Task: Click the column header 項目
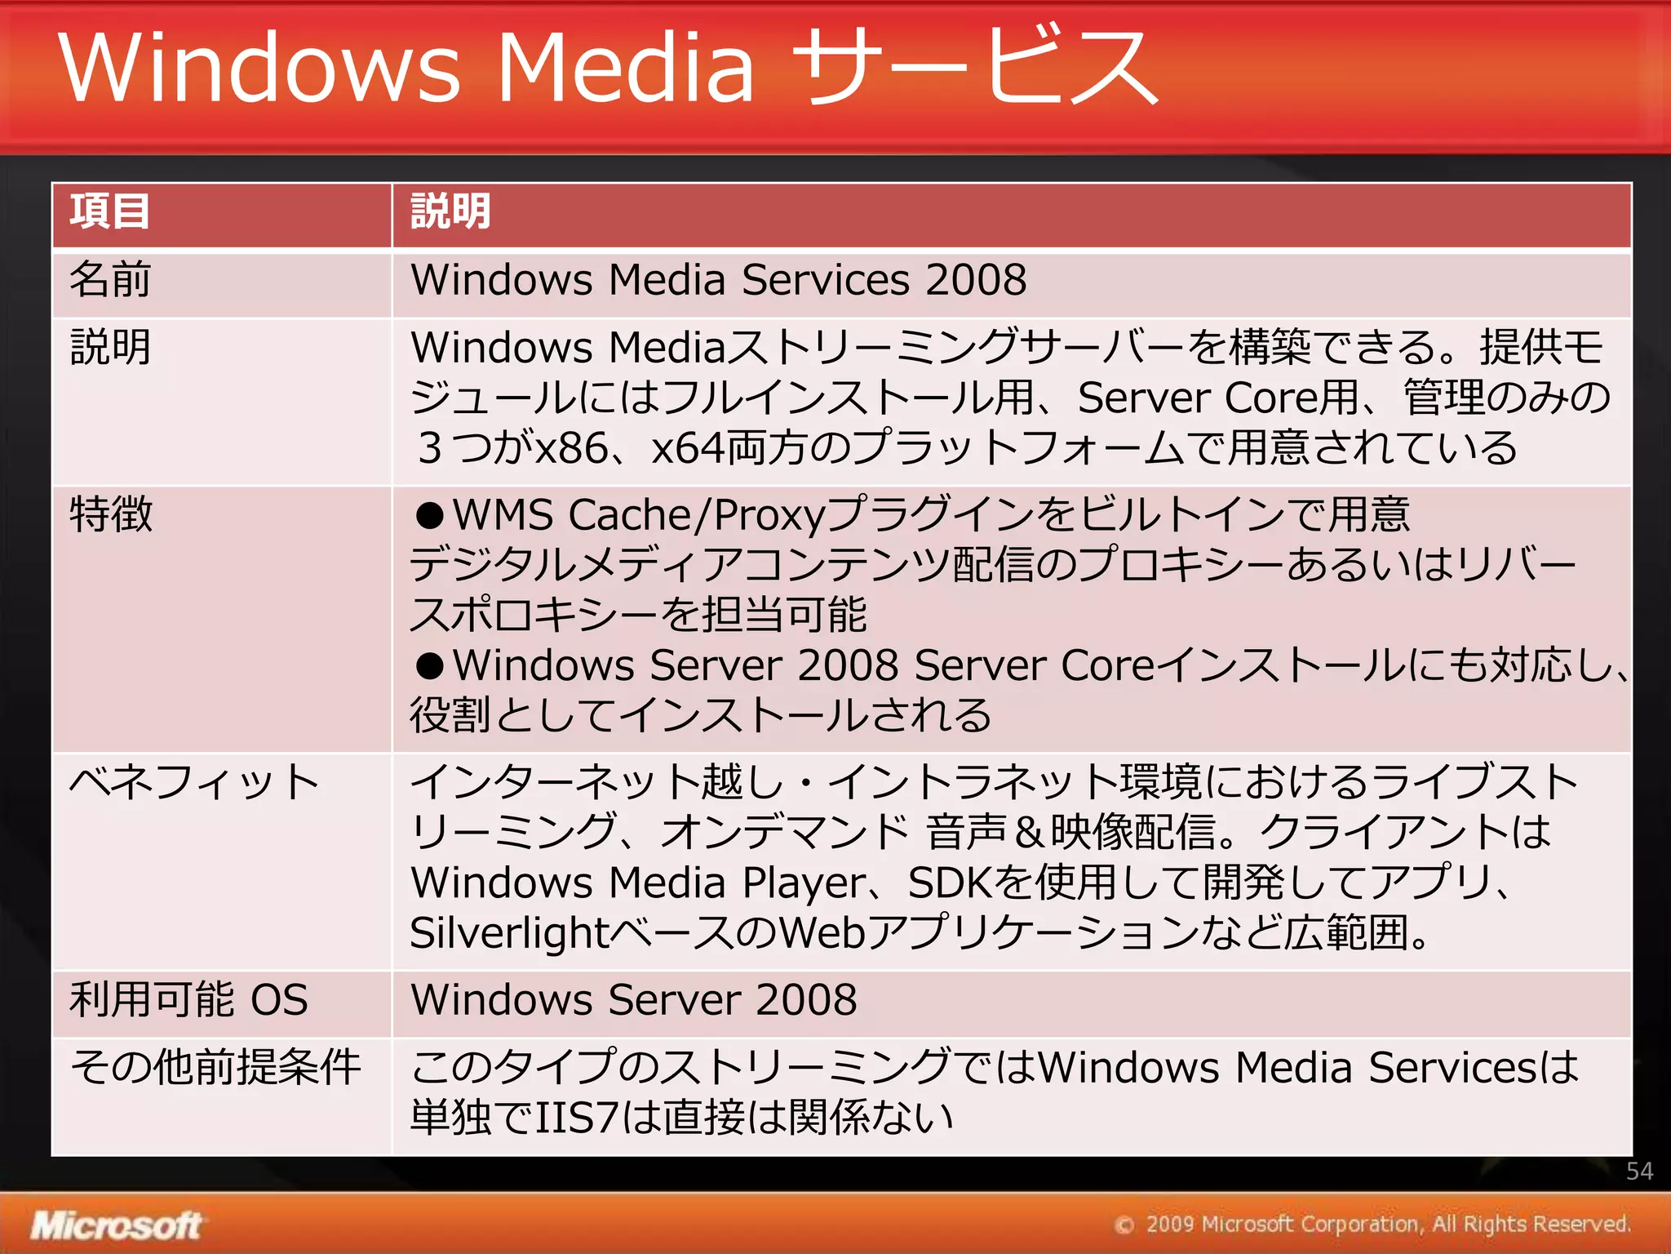click(109, 212)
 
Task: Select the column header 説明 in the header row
click(450, 212)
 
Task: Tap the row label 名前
click(109, 280)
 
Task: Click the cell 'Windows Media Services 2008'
click(718, 280)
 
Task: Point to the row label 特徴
click(111, 514)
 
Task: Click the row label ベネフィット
click(194, 782)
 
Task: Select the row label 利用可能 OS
click(188, 1000)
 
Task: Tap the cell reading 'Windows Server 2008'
click(634, 1000)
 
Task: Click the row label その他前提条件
click(215, 1067)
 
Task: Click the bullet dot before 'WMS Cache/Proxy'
click(429, 516)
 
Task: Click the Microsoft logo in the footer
click(116, 1225)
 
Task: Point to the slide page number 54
click(1639, 1172)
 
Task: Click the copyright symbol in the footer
click(1124, 1225)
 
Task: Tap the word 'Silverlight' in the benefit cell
click(510, 933)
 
